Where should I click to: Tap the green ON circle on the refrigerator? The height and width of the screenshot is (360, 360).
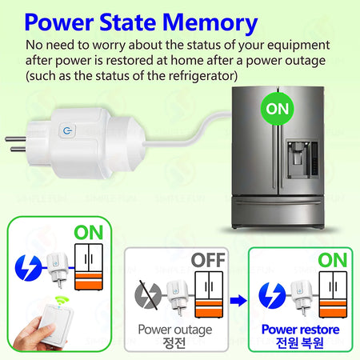[277, 108]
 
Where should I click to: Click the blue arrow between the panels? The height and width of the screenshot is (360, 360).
[237, 300]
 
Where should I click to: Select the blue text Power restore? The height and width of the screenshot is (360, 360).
[301, 329]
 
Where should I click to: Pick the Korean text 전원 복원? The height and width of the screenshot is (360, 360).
[301, 344]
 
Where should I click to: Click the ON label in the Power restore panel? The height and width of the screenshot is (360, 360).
[332, 258]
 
